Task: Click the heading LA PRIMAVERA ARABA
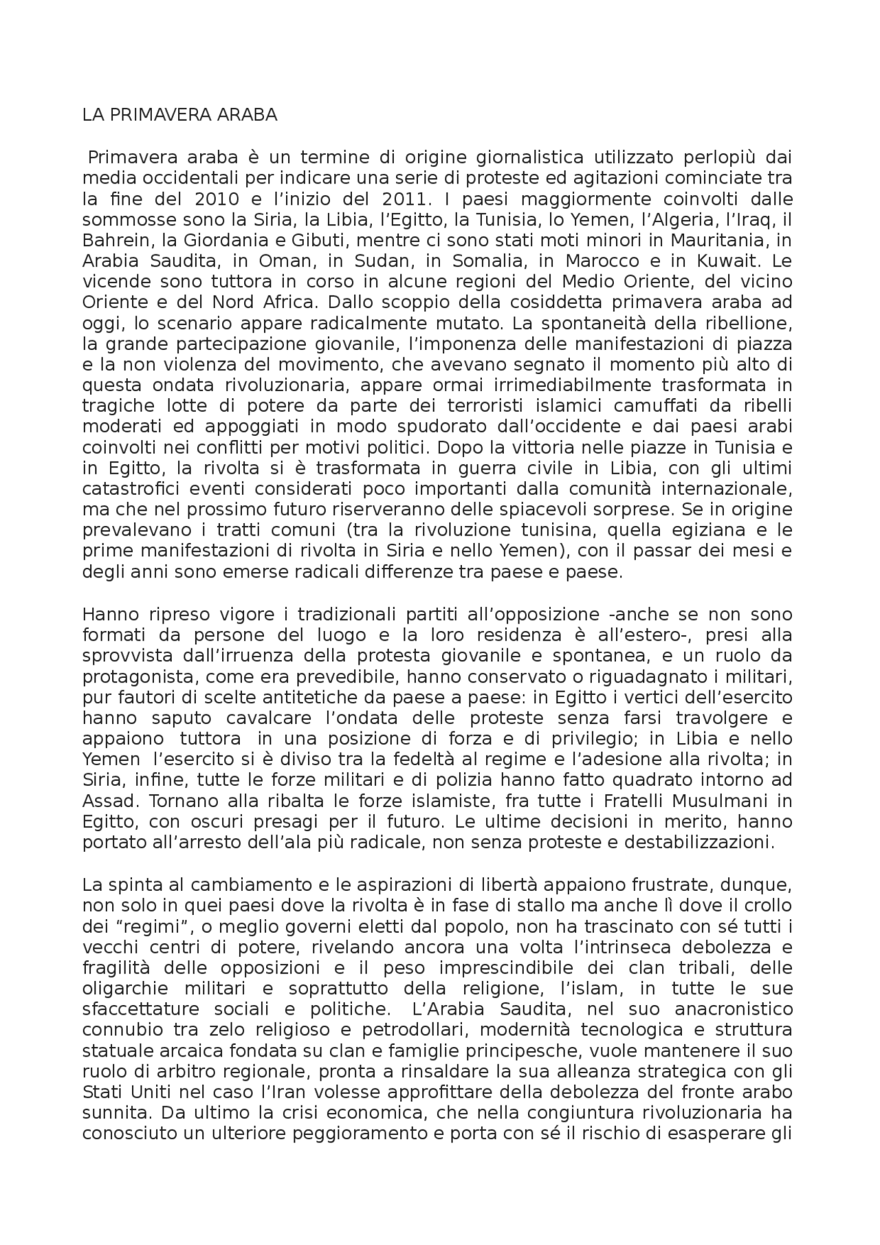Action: [x=179, y=115]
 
